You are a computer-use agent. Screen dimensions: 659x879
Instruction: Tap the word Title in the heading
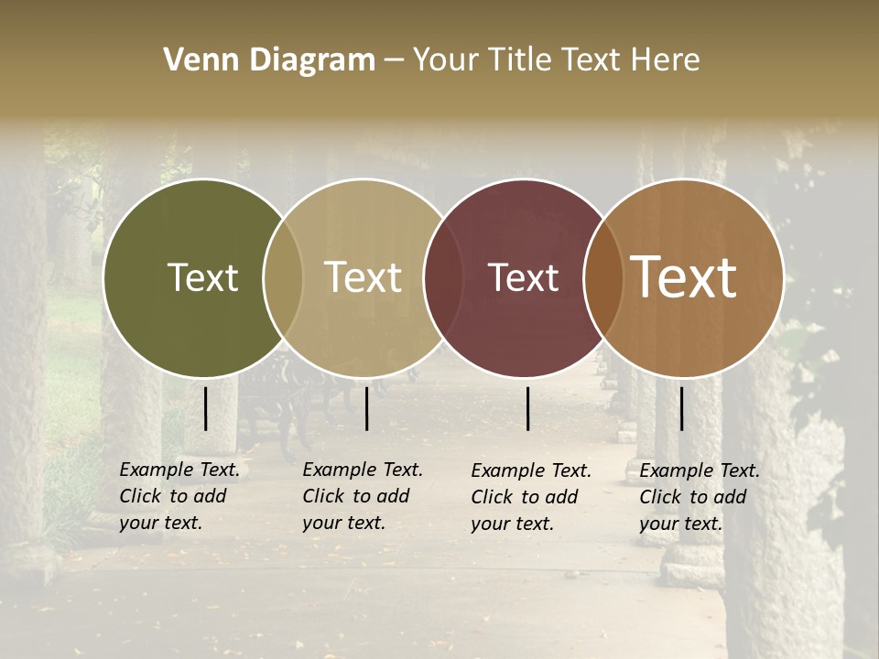(520, 60)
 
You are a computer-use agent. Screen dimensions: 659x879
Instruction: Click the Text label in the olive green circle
(202, 277)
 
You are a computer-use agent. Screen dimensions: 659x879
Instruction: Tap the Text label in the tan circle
(364, 277)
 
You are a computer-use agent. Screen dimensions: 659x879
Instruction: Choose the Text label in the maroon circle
(524, 277)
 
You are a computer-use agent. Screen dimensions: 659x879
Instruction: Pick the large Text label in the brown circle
(684, 277)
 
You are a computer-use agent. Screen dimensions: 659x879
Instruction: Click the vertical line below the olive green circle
(206, 408)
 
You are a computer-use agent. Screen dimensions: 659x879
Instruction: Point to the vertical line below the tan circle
(366, 408)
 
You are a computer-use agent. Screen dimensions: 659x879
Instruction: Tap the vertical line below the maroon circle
(528, 408)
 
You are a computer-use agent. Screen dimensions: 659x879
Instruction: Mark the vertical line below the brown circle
(682, 408)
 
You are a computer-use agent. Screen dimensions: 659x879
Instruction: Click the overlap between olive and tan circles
(283, 277)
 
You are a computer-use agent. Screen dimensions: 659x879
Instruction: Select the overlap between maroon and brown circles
(603, 277)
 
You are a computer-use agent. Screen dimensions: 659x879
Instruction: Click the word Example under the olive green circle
(155, 470)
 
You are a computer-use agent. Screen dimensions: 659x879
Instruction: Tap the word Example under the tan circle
(338, 470)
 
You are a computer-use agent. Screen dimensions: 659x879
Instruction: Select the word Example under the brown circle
(675, 470)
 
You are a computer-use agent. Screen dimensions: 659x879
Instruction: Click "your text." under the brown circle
(680, 524)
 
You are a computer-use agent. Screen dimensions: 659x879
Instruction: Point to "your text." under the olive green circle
(160, 523)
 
